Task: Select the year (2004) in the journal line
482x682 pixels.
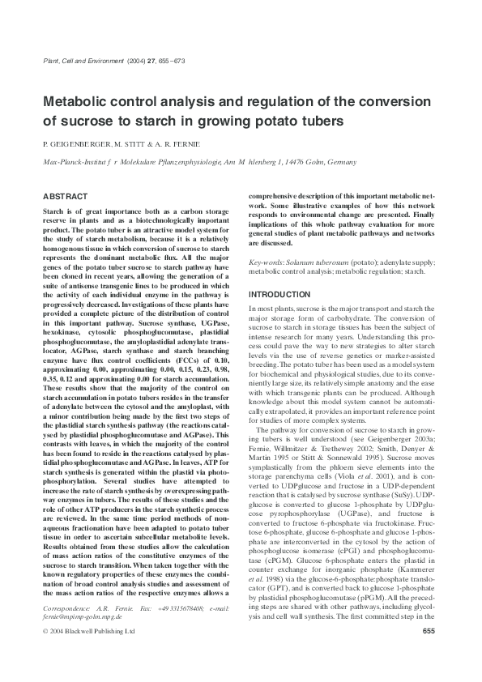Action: (x=137, y=61)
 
